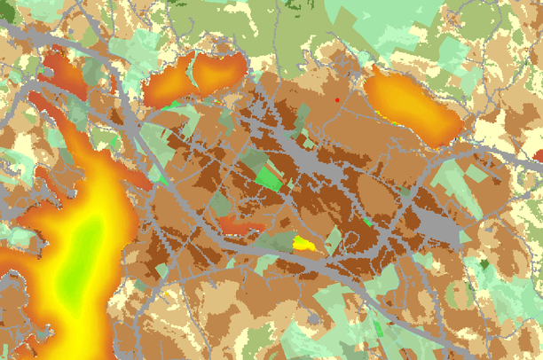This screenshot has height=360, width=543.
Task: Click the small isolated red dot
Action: (x=337, y=100)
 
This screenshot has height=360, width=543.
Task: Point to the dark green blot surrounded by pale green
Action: (x=485, y=264)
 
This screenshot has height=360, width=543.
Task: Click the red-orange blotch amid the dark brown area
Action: (x=241, y=226)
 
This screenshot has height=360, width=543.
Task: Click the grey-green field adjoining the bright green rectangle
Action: (x=253, y=161)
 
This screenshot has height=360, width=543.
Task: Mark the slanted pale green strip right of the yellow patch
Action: (x=333, y=238)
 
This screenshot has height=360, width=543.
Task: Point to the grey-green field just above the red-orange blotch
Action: (x=222, y=205)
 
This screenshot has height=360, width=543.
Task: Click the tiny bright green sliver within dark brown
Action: (x=366, y=222)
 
